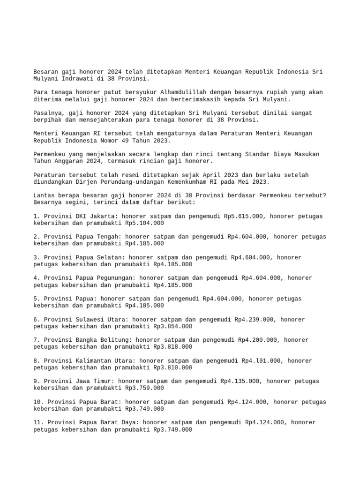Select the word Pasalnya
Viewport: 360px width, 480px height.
(49, 113)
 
